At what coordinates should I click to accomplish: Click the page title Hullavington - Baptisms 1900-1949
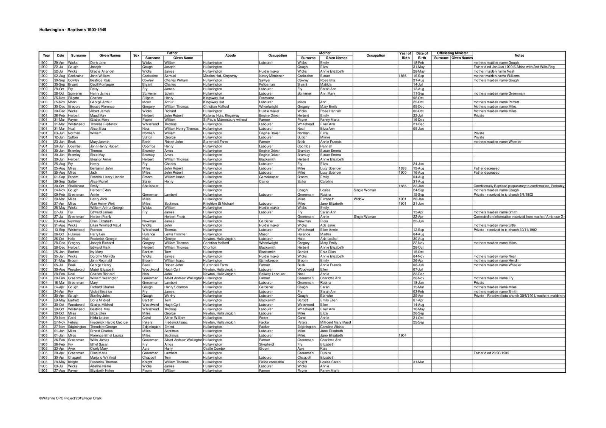73,30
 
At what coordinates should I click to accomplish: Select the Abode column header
230,56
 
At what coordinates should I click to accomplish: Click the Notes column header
519,56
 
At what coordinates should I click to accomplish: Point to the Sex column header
136,56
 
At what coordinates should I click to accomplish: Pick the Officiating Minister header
452,53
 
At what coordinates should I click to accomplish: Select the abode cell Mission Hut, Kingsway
220,76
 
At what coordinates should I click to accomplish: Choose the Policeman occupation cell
268,84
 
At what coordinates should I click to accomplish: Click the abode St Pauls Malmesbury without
225,120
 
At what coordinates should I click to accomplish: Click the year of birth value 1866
403,76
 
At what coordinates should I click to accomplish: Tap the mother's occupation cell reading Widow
358,199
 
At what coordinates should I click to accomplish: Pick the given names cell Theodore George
103,327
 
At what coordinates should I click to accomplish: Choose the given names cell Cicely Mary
99,349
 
